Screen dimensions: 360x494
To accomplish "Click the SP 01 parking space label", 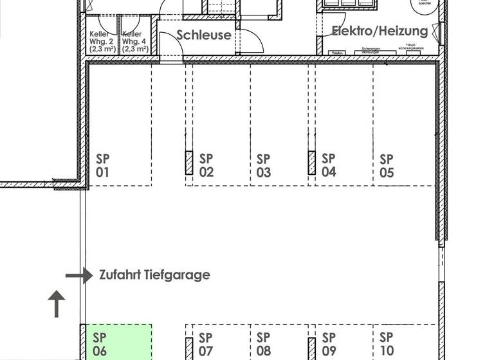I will (103, 165).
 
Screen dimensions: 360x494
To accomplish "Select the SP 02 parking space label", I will (206, 165).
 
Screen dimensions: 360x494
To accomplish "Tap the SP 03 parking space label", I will (264, 165).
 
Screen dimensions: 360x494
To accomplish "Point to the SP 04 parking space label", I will (329, 165).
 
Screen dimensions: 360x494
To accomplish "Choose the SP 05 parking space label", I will (387, 165).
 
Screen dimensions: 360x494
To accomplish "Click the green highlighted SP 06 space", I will (116, 342).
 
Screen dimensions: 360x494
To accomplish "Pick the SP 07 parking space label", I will (206, 344).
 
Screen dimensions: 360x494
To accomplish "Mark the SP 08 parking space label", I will (264, 344).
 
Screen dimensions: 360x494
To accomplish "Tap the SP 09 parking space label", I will (329, 344).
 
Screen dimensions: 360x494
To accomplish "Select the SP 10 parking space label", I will (387, 344).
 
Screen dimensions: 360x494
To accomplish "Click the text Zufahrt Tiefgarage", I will (154, 275).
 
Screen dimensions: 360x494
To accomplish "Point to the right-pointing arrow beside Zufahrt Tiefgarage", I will (79, 276).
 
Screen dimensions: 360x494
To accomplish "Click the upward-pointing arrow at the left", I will (57, 304).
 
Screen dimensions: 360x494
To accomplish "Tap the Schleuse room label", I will (204, 35).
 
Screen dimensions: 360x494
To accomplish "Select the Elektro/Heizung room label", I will (380, 31).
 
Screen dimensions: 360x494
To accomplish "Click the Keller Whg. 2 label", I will (103, 41).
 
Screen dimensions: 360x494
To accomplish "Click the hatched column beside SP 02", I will (189, 163).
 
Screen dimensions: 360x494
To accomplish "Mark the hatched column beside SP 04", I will (311, 163).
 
